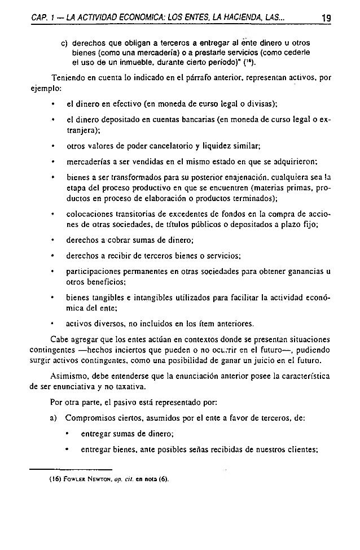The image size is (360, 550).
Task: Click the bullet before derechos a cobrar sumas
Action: pyautogui.click(x=52, y=239)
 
